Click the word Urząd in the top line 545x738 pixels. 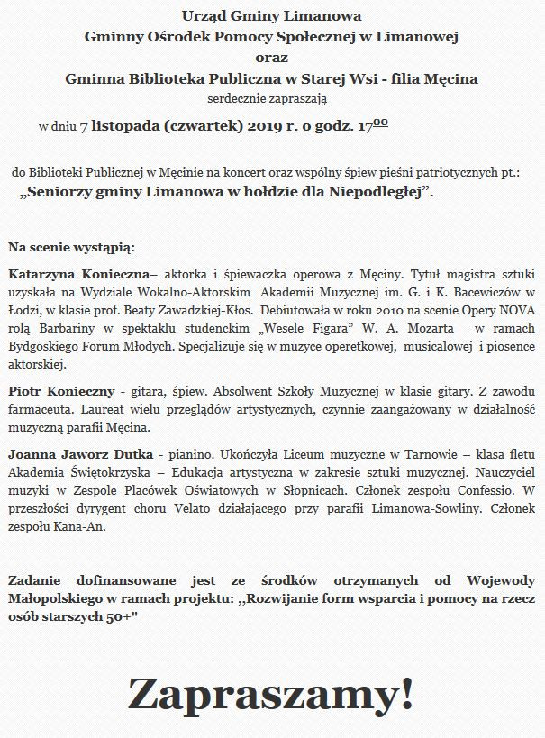[x=203, y=17]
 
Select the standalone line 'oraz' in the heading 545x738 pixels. [x=271, y=58]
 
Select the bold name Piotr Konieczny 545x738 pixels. [x=61, y=391]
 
